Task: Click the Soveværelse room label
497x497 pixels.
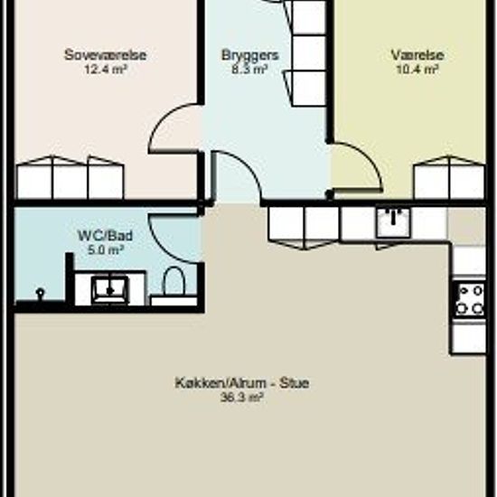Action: pyautogui.click(x=105, y=55)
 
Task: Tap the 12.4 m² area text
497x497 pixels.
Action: pyautogui.click(x=106, y=69)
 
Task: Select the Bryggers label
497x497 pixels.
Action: pyautogui.click(x=249, y=55)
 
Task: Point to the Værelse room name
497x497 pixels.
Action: pyautogui.click(x=417, y=55)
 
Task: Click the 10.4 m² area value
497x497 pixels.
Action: pyautogui.click(x=417, y=69)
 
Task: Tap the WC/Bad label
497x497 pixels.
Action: pyautogui.click(x=105, y=236)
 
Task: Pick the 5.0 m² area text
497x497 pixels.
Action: pyautogui.click(x=105, y=250)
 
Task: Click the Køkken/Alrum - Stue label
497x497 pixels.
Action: pyautogui.click(x=242, y=383)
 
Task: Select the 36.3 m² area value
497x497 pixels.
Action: pyautogui.click(x=242, y=397)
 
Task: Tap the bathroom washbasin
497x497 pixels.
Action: pyautogui.click(x=110, y=290)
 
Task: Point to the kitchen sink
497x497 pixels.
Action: pyautogui.click(x=393, y=221)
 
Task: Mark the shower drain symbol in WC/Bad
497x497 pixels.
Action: pyautogui.click(x=41, y=293)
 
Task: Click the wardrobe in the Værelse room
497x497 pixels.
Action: pyautogui.click(x=449, y=177)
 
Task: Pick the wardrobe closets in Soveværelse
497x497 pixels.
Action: pyautogui.click(x=70, y=177)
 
